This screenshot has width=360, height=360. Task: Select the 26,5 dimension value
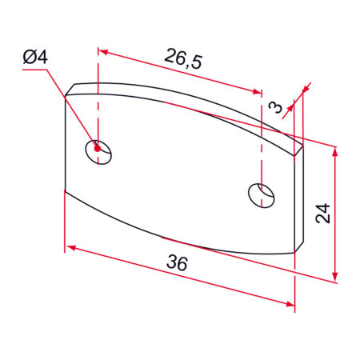(x=183, y=58)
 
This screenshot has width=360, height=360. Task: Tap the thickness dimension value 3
(x=277, y=107)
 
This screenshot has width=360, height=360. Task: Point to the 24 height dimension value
(x=322, y=213)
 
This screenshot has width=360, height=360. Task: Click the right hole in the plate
(x=261, y=194)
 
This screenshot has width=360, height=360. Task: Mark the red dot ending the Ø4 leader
(x=97, y=147)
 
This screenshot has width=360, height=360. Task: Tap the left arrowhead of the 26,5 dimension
(x=103, y=51)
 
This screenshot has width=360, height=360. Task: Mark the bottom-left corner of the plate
(x=65, y=190)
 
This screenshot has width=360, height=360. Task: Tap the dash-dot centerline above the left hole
(x=98, y=96)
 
